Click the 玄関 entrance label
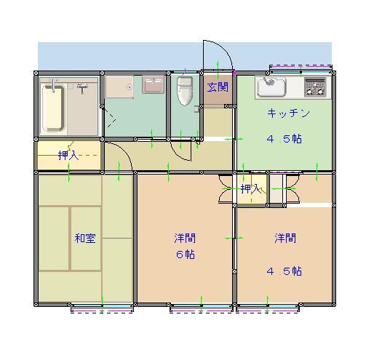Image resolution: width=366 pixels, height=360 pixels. click(218, 87)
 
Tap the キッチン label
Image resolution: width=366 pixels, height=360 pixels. click(288, 113)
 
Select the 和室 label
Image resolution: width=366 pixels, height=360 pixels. click(85, 239)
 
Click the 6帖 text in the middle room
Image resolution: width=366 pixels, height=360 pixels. click(186, 255)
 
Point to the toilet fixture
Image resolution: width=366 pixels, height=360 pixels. click(185, 91)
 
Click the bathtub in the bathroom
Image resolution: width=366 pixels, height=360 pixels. click(53, 108)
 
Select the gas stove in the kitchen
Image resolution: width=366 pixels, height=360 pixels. click(315, 87)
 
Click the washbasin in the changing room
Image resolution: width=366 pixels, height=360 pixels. click(153, 85)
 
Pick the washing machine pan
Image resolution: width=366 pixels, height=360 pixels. click(119, 87)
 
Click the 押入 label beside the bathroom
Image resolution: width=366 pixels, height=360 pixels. click(68, 156)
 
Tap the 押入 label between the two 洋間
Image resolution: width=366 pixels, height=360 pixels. click(251, 188)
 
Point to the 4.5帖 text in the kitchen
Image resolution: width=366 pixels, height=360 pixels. click(284, 139)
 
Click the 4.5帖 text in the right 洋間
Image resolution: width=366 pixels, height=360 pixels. click(284, 271)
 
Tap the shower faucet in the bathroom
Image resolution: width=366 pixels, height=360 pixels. click(82, 87)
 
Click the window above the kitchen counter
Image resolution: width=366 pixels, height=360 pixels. click(301, 69)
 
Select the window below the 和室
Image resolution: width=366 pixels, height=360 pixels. click(102, 308)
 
